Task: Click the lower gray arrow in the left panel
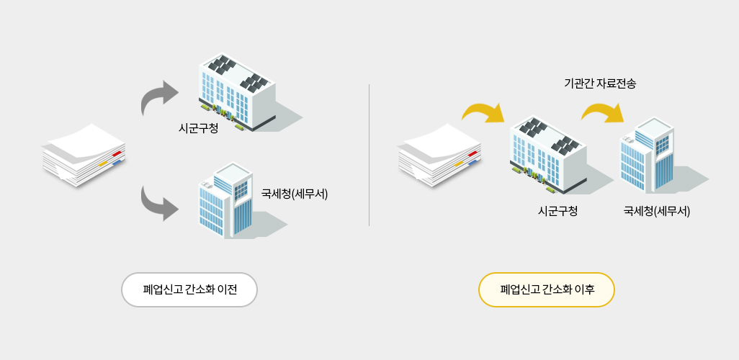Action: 160,202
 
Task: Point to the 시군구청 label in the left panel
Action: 198,129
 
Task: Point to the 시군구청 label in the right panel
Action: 558,211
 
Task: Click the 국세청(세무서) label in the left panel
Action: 295,194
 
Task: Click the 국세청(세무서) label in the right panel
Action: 656,211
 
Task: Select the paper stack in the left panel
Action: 83,155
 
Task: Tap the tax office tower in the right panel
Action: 647,156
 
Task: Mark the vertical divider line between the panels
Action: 369,155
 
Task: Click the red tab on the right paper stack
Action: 472,153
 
